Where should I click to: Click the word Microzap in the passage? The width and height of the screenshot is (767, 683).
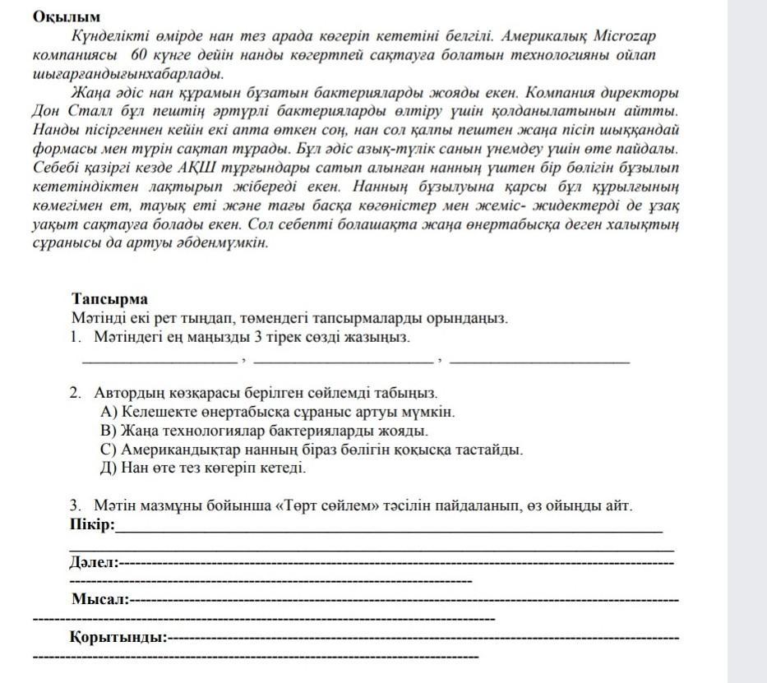631,38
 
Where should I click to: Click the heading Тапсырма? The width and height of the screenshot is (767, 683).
109,299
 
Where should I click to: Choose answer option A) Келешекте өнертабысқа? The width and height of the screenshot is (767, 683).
276,412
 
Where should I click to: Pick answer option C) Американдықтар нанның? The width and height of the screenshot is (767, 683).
310,450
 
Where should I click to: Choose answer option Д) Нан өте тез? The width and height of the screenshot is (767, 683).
201,468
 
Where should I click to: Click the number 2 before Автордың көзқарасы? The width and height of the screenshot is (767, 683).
75,394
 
